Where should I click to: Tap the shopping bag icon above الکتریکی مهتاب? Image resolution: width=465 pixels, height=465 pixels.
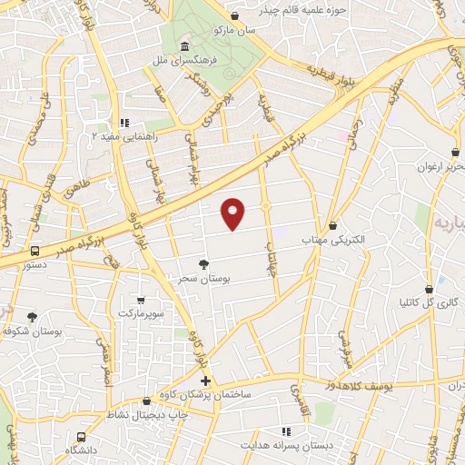pyautogui.click(x=333, y=225)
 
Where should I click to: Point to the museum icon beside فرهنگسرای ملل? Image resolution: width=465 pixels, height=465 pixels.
pyautogui.click(x=185, y=45)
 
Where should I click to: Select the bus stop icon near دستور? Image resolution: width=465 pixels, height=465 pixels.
pyautogui.click(x=35, y=251)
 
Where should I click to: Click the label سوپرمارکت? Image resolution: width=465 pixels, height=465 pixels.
pyautogui.click(x=141, y=313)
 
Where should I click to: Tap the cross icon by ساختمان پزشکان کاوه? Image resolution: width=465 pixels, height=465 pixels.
pyautogui.click(x=205, y=381)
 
